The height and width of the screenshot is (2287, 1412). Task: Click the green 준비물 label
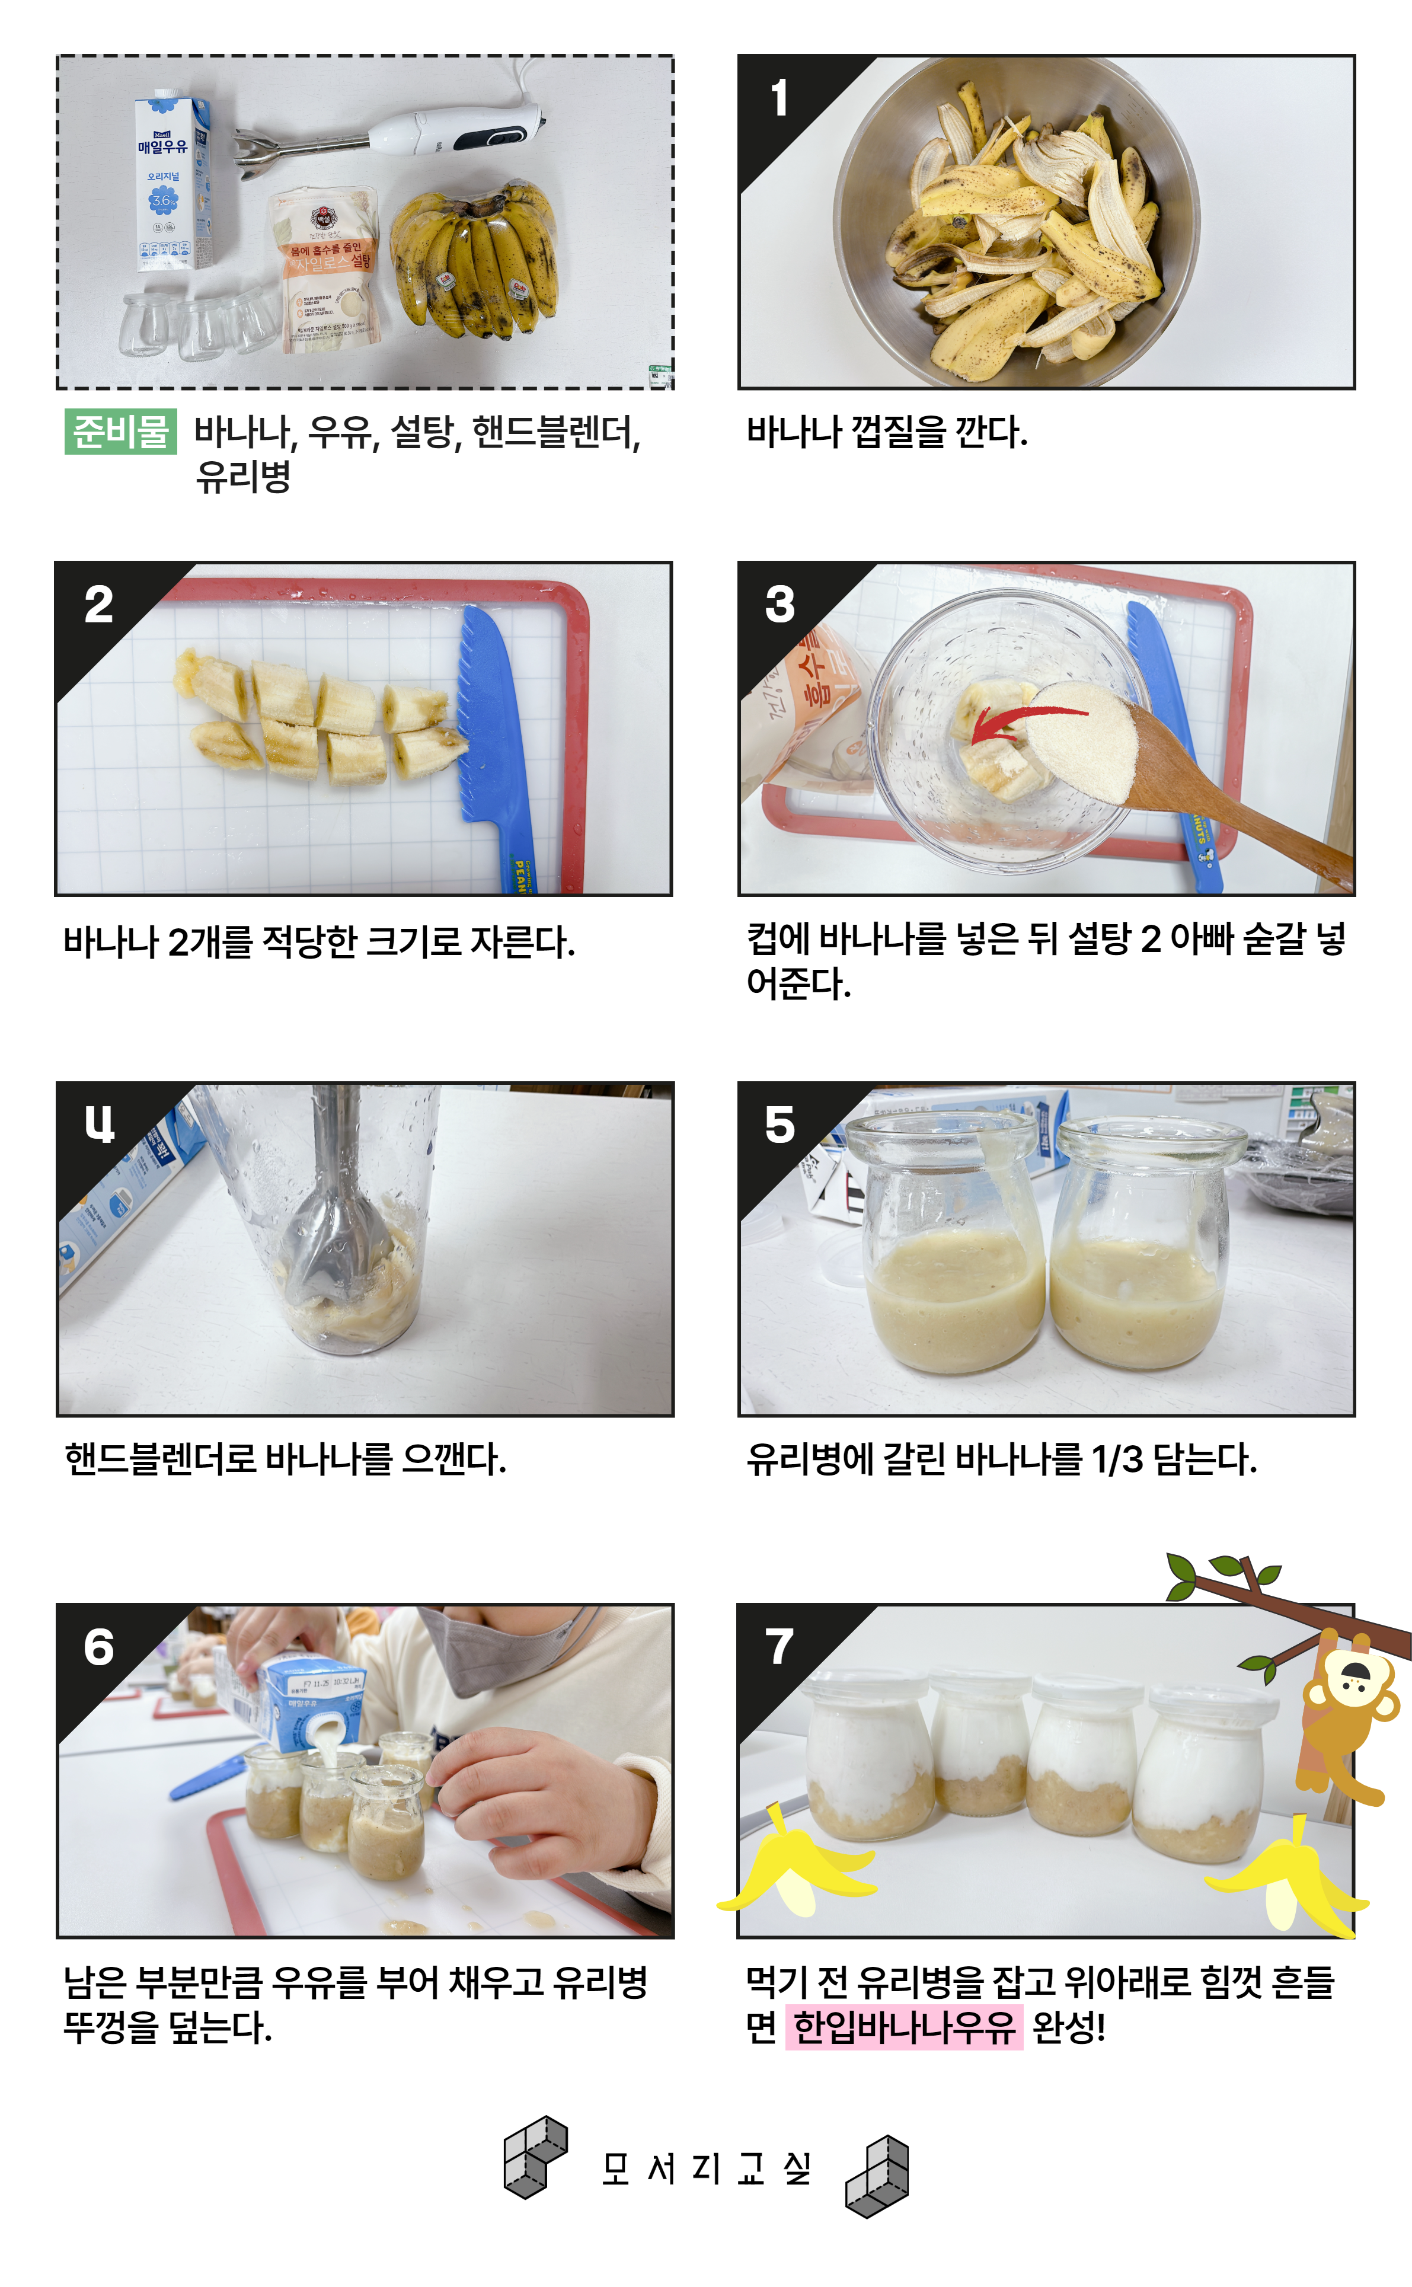[120, 432]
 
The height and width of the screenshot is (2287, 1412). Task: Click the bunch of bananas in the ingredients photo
[474, 260]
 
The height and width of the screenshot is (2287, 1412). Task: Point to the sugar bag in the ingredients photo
[322, 270]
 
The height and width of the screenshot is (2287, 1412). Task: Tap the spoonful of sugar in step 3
[1086, 739]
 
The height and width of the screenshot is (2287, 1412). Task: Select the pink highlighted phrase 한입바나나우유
[904, 2026]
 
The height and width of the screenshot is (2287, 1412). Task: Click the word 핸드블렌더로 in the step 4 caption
[161, 1458]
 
